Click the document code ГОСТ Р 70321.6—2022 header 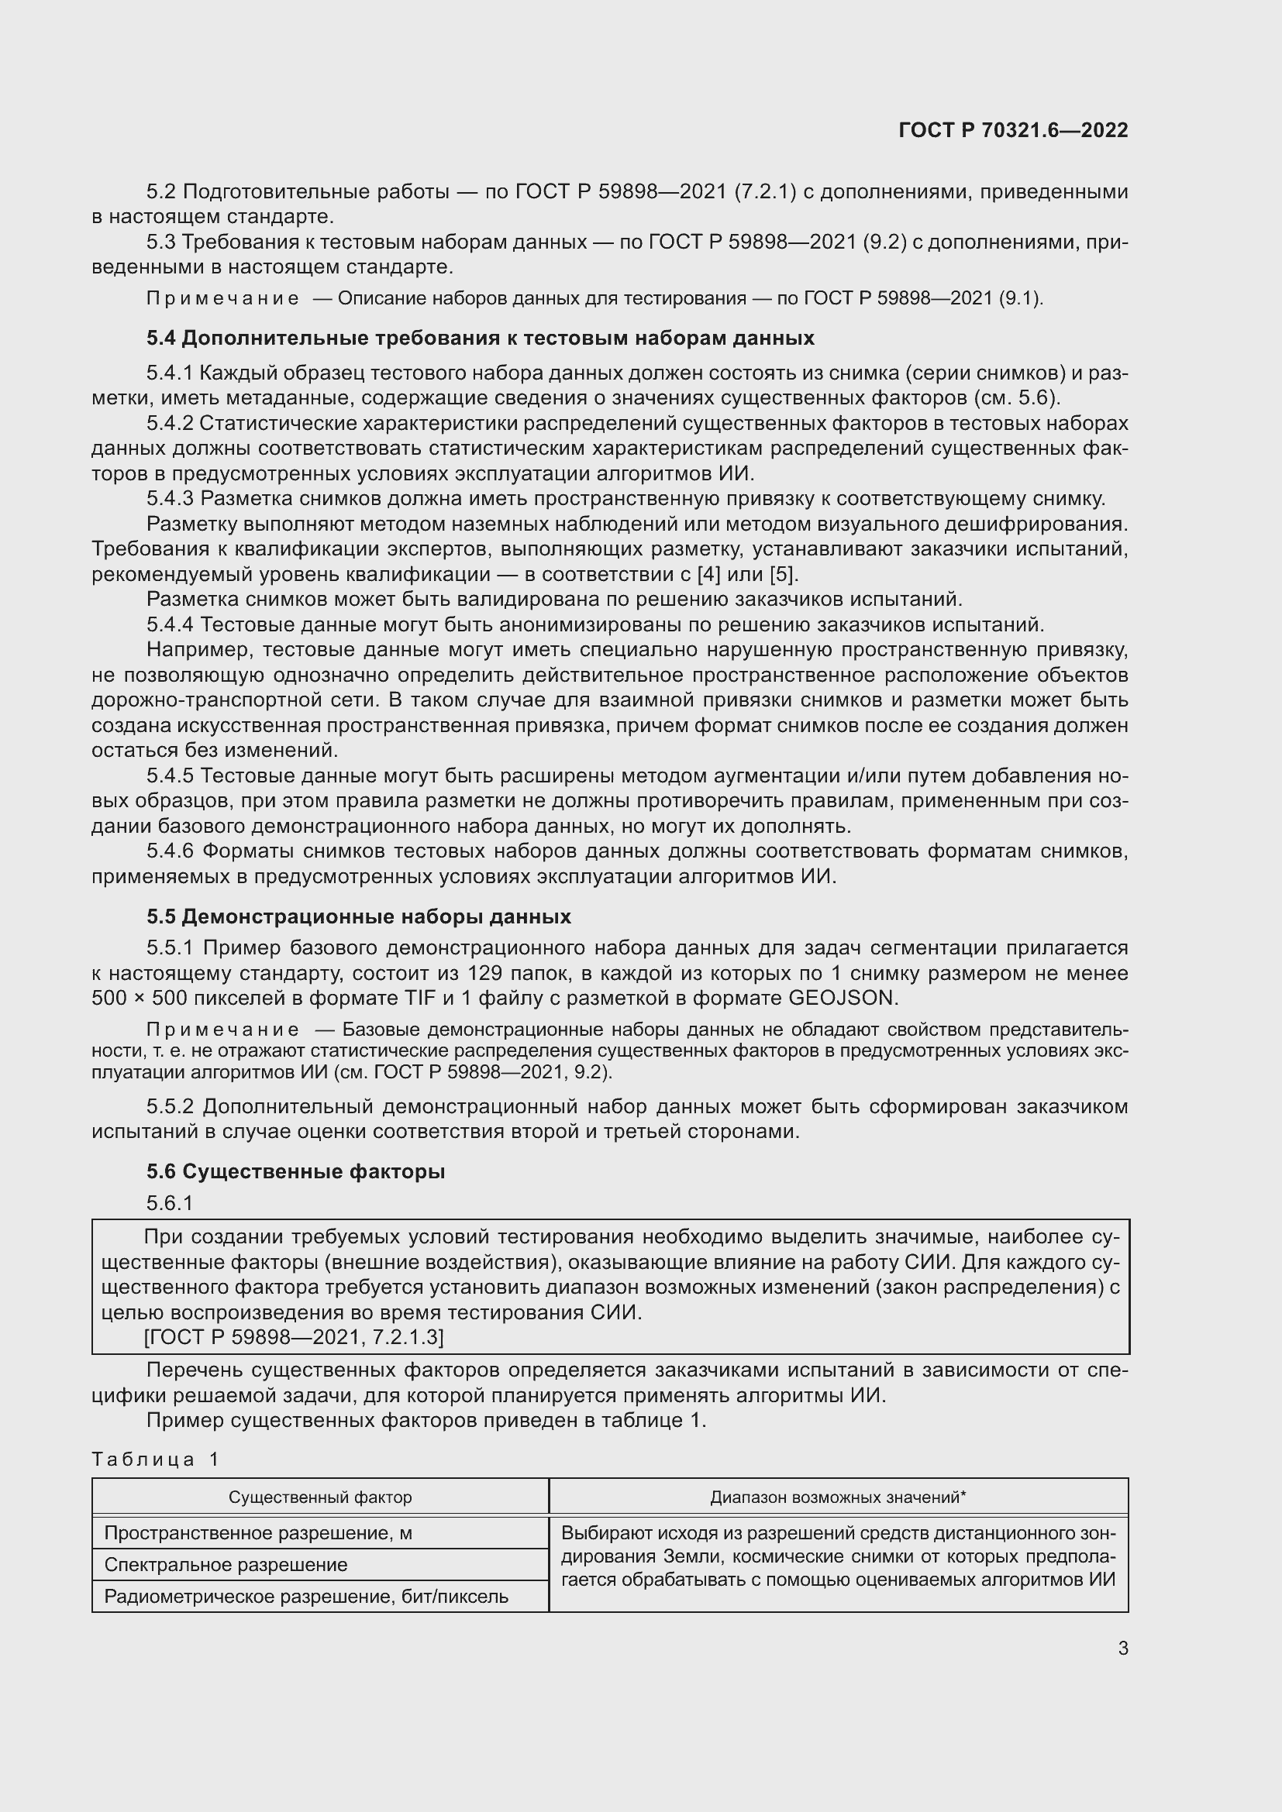point(1013,131)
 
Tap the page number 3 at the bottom point(1122,1649)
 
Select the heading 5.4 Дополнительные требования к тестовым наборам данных point(480,339)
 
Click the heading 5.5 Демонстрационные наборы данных point(358,917)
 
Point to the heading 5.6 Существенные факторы point(295,1172)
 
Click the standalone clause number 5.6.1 point(170,1203)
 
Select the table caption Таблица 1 point(155,1460)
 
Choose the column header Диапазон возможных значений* point(838,1497)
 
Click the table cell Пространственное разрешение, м point(258,1533)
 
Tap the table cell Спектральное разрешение point(226,1565)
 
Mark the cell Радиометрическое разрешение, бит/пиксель point(306,1597)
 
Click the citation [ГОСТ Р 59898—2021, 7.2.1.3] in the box point(294,1337)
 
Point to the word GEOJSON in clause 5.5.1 point(843,999)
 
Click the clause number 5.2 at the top point(161,192)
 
